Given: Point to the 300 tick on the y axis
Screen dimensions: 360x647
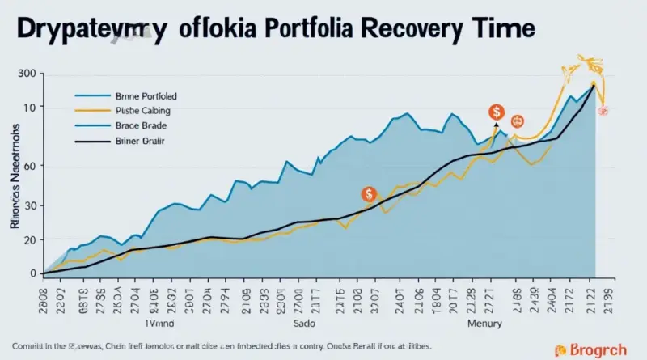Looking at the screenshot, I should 26,74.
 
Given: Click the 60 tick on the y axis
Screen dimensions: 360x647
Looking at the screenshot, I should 30,167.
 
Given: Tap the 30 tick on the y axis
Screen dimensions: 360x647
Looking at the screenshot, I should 30,205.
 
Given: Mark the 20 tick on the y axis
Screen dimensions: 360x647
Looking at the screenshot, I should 30,240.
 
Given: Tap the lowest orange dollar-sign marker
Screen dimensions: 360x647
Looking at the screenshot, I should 369,194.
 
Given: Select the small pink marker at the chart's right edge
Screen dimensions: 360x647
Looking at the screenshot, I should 603,110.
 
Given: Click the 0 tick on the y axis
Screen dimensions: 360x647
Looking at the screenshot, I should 32,273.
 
